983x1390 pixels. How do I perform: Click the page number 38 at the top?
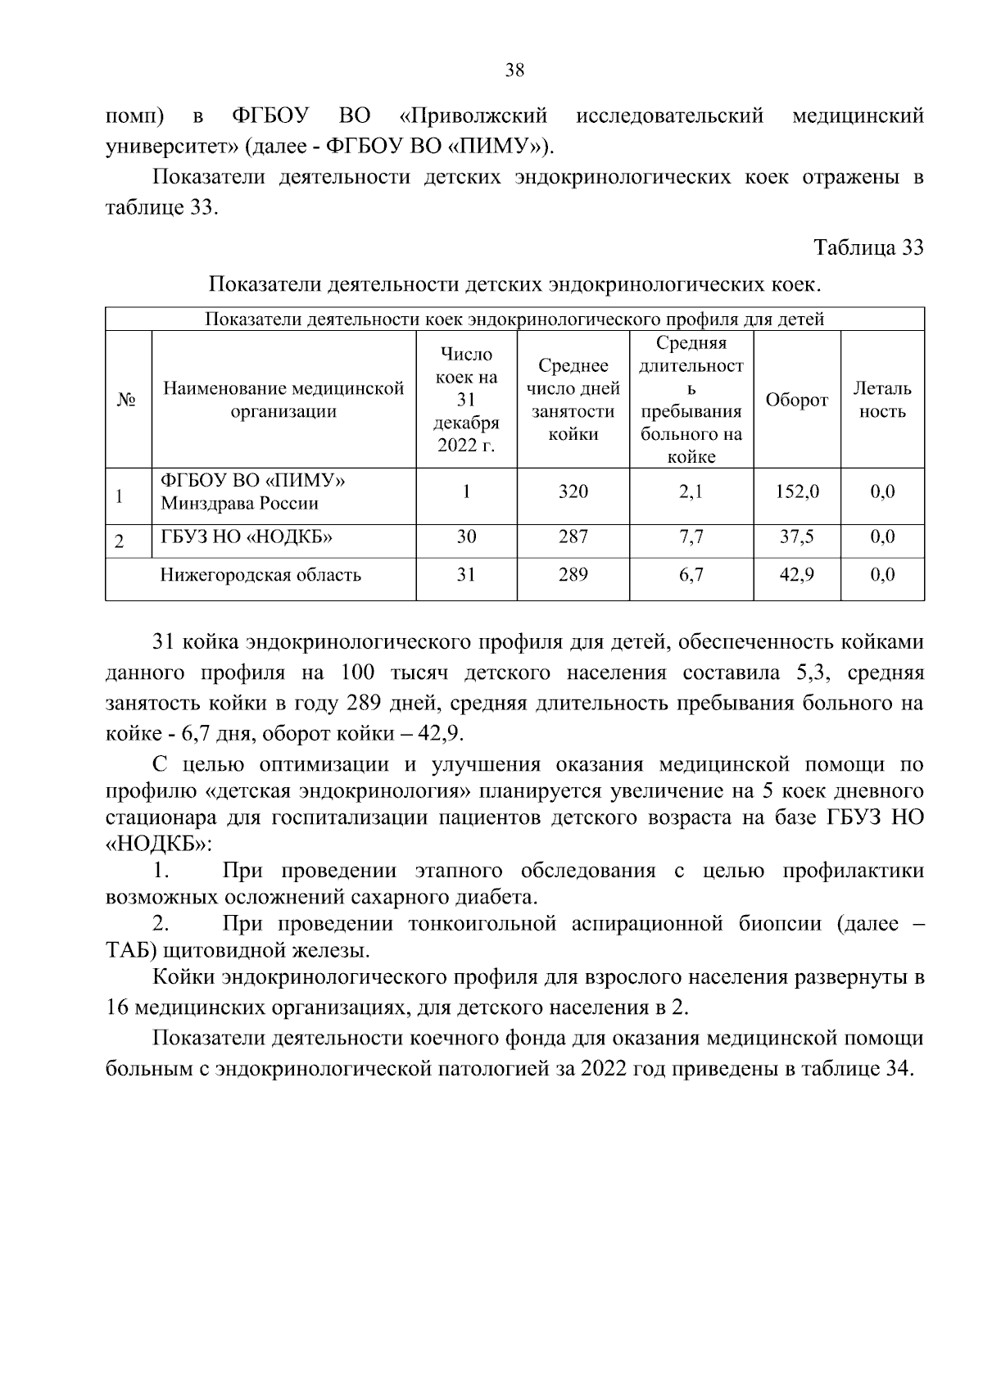(x=514, y=70)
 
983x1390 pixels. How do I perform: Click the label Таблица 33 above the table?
(x=868, y=247)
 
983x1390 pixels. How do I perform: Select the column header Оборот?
(x=796, y=401)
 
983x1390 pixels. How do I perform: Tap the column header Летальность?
(x=882, y=400)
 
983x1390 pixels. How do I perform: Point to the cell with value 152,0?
(x=796, y=491)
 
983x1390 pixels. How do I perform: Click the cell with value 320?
(x=573, y=491)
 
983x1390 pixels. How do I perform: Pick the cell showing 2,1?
(x=691, y=491)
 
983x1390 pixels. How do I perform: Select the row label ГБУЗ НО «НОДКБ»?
(x=246, y=537)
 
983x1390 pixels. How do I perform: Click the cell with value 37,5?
(x=796, y=537)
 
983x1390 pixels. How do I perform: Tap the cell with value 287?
(x=573, y=537)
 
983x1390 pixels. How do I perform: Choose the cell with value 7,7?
(x=691, y=537)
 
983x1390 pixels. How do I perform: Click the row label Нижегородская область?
(x=260, y=575)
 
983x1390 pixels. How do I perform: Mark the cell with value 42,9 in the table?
(x=796, y=575)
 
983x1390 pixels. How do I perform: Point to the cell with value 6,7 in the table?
(x=691, y=575)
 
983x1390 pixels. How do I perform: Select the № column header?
(x=127, y=401)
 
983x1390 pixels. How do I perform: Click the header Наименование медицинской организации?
(x=283, y=400)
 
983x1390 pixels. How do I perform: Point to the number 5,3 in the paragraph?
(x=812, y=673)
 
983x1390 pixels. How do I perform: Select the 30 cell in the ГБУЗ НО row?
(x=466, y=537)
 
